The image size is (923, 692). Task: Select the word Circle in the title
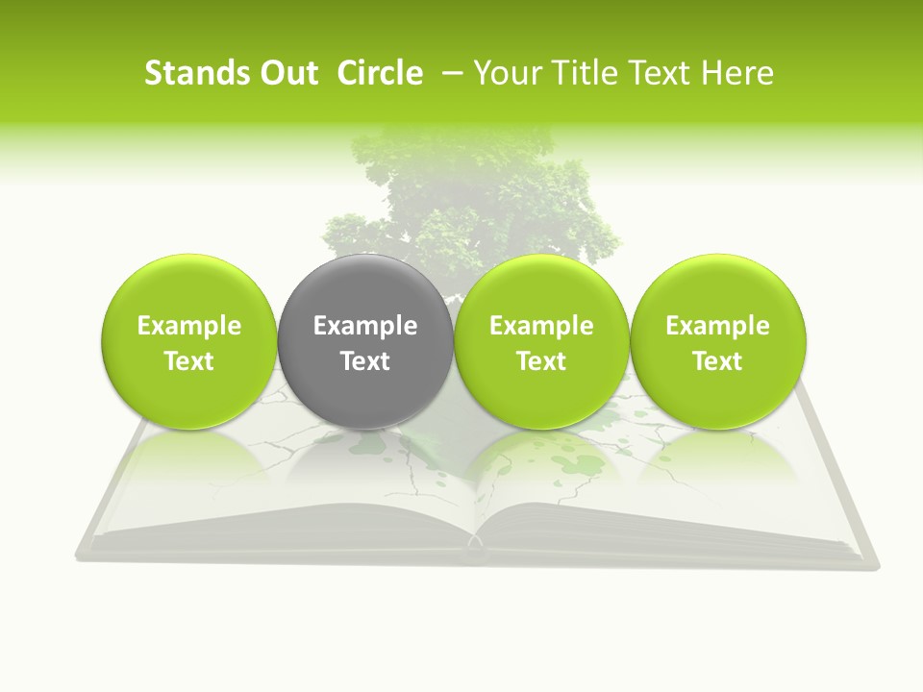pos(380,73)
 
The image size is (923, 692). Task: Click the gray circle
pos(365,342)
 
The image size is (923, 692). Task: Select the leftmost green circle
pos(189,342)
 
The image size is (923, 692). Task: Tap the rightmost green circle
pos(717,342)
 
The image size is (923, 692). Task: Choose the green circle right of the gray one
pos(541,342)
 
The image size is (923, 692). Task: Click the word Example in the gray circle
pos(365,326)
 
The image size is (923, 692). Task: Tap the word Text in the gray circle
pos(365,361)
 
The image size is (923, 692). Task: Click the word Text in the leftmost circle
pos(189,361)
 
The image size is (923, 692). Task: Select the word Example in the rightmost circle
pos(717,326)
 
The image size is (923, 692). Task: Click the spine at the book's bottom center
pos(475,552)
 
